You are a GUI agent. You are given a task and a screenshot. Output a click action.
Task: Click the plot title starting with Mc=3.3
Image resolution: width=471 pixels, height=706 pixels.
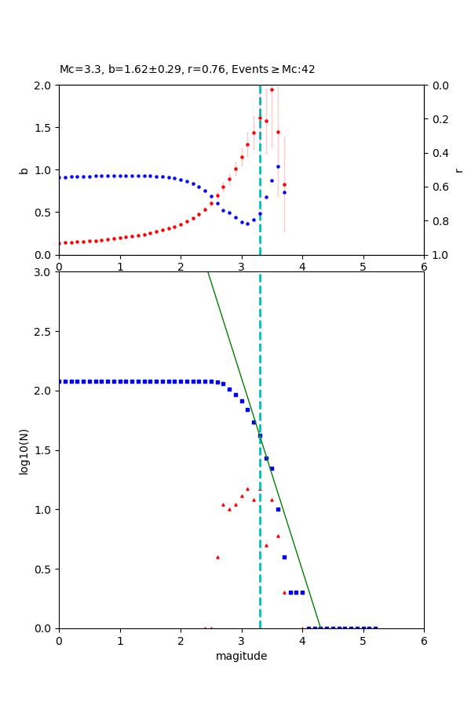click(x=187, y=69)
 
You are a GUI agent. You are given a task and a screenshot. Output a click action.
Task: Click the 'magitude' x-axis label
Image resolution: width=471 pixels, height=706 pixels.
click(x=241, y=656)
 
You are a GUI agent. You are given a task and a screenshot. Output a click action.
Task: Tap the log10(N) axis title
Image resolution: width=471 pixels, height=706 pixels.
click(x=24, y=450)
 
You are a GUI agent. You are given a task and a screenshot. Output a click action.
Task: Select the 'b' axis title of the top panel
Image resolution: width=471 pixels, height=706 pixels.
click(x=24, y=169)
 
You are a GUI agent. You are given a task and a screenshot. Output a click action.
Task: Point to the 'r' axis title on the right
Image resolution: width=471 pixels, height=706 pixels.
click(x=458, y=169)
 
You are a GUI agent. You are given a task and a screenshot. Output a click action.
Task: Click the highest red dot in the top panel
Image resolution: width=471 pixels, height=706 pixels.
click(x=272, y=89)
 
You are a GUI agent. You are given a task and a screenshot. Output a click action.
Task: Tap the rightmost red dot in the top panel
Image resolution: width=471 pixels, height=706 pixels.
click(x=284, y=185)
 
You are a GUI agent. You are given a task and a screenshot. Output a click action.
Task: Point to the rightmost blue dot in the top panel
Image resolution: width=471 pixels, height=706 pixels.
click(x=284, y=192)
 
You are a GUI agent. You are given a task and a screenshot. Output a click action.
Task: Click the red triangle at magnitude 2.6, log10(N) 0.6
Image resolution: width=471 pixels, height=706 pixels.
click(x=217, y=557)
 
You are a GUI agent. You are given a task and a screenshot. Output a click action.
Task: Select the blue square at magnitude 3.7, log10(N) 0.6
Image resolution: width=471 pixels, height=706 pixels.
click(x=284, y=557)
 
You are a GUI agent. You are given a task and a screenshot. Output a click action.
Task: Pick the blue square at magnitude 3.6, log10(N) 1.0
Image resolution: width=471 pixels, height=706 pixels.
click(x=278, y=509)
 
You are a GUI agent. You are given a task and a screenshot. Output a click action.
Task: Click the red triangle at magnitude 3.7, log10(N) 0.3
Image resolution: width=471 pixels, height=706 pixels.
click(x=284, y=592)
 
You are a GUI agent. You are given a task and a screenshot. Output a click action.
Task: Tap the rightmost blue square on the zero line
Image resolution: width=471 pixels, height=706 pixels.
click(x=375, y=628)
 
